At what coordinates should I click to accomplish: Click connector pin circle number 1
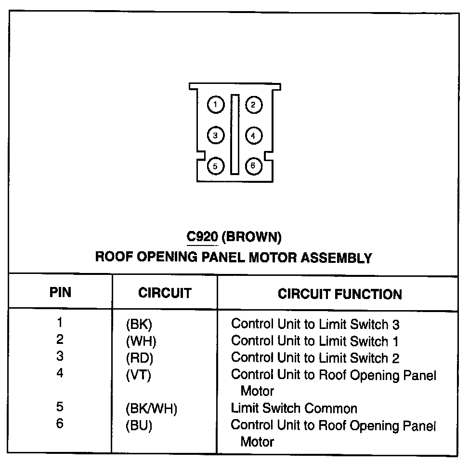216,105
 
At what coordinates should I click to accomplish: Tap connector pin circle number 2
254,105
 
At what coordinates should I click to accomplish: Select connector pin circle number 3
216,136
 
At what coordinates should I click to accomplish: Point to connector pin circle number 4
254,136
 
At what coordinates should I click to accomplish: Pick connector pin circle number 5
216,166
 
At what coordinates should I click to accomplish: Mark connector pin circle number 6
254,166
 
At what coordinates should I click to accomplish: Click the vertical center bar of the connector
234,135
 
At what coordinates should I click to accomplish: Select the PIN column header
61,292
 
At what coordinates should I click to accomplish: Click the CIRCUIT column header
165,293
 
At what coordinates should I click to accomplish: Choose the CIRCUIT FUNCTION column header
339,294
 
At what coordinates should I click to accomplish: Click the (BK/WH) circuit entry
151,409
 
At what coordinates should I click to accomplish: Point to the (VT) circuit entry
138,375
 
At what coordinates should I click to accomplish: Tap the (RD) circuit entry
139,358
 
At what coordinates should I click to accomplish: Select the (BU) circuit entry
139,426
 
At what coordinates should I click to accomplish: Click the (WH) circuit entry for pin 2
141,341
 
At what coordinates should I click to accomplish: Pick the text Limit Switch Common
294,409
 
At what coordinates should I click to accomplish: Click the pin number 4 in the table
60,373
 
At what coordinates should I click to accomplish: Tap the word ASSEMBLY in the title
337,258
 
